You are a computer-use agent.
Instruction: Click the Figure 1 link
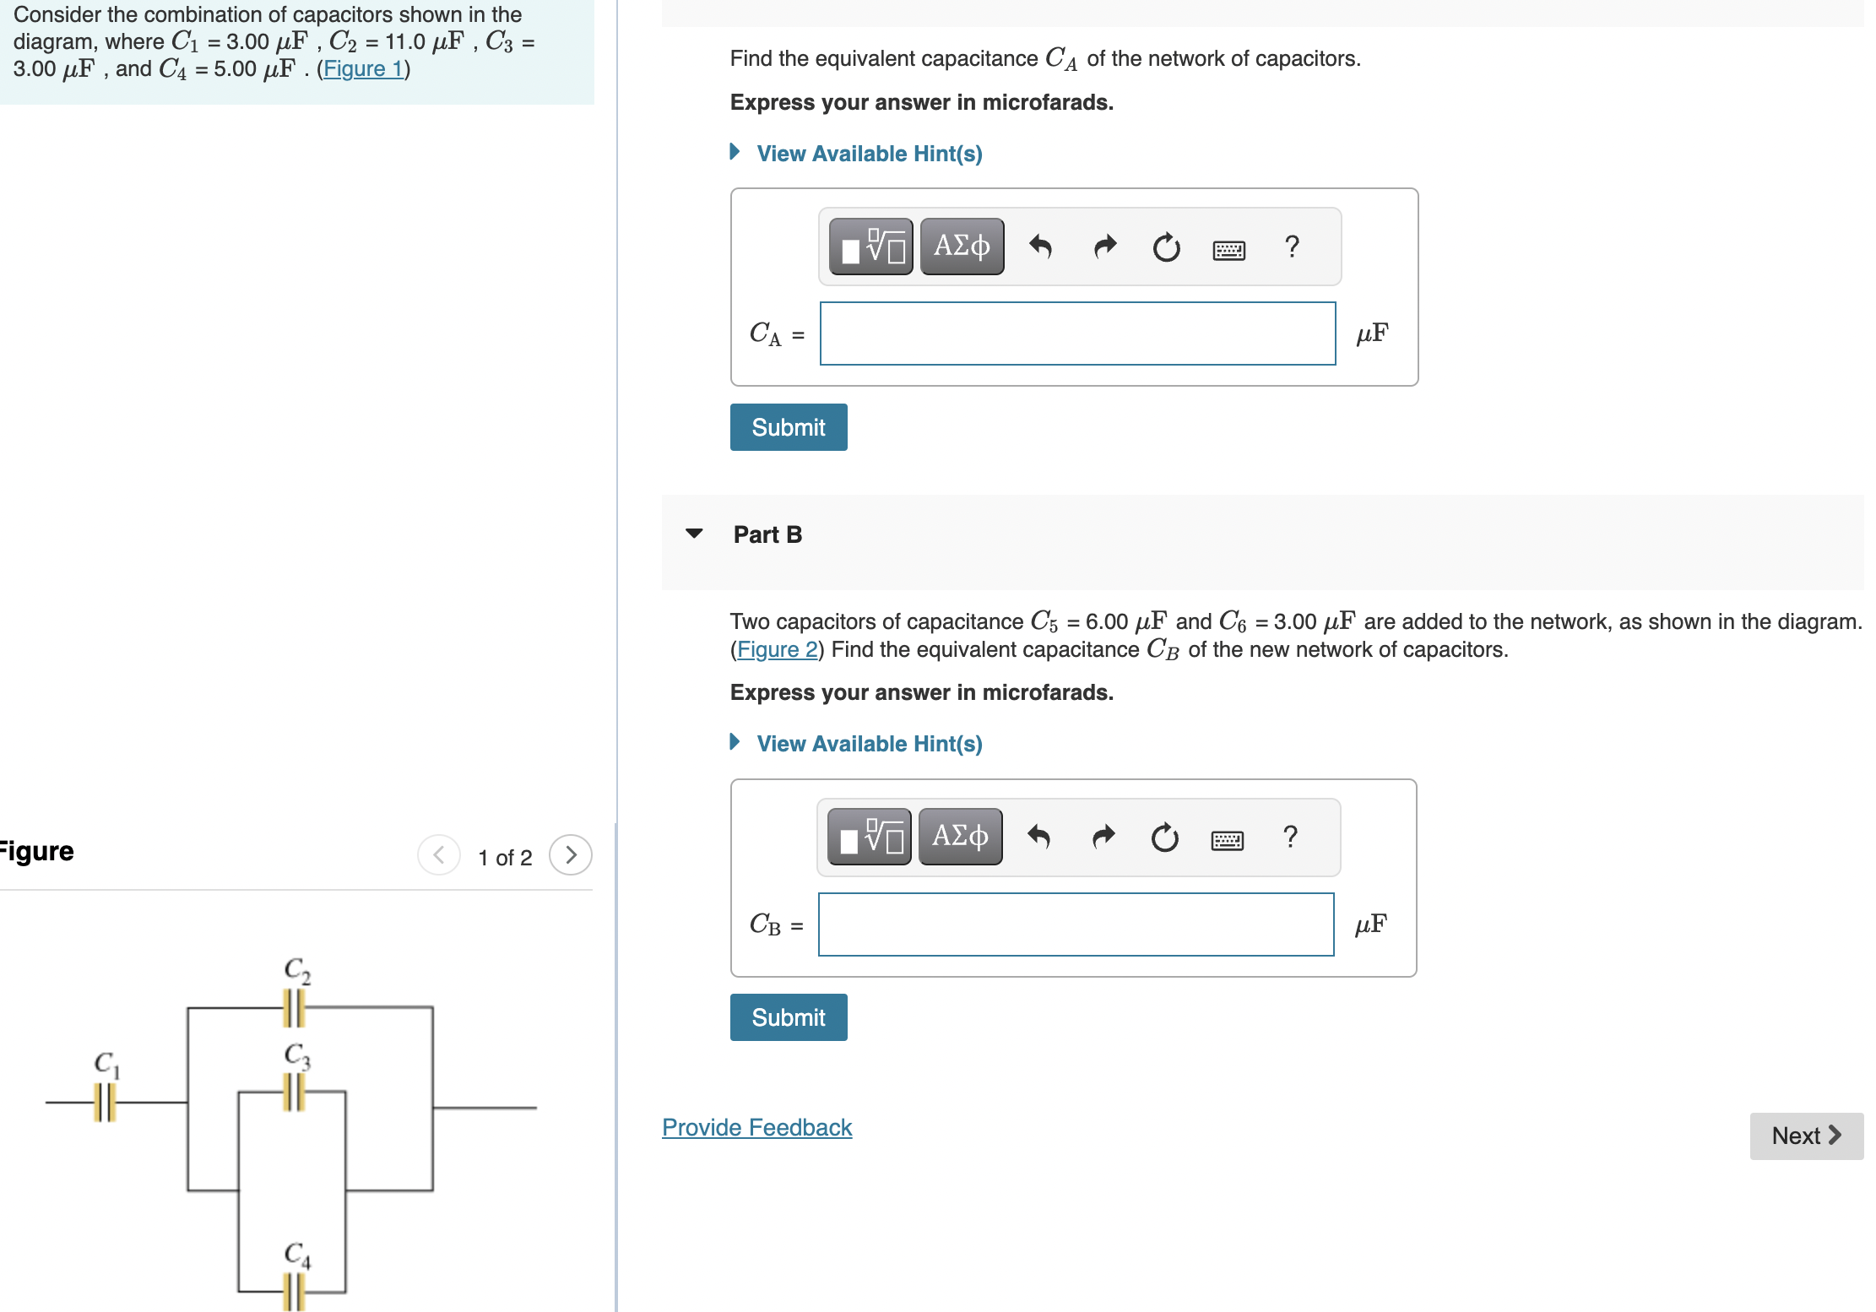click(x=363, y=69)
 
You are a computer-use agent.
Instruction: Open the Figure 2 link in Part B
click(x=777, y=650)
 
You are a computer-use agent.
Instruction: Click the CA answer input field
click(x=1077, y=334)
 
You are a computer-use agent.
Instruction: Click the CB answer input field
click(x=1076, y=924)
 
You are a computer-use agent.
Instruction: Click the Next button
click(x=1806, y=1136)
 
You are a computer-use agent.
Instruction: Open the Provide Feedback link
click(x=756, y=1128)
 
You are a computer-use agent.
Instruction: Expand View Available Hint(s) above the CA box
click(x=869, y=154)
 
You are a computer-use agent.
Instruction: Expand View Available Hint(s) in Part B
click(x=869, y=744)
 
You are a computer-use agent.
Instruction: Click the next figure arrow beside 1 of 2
click(x=571, y=855)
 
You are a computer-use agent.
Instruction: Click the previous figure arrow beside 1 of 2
click(x=439, y=855)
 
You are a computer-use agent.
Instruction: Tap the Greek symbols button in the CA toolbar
click(x=962, y=247)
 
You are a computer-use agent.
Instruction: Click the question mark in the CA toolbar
click(x=1291, y=247)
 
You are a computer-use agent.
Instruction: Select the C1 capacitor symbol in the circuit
click(x=105, y=1103)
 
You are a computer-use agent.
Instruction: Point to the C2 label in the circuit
click(x=297, y=970)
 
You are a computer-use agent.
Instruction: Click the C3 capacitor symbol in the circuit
click(x=293, y=1092)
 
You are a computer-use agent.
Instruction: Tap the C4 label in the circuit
click(x=297, y=1255)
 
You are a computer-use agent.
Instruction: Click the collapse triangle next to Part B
click(x=694, y=534)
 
